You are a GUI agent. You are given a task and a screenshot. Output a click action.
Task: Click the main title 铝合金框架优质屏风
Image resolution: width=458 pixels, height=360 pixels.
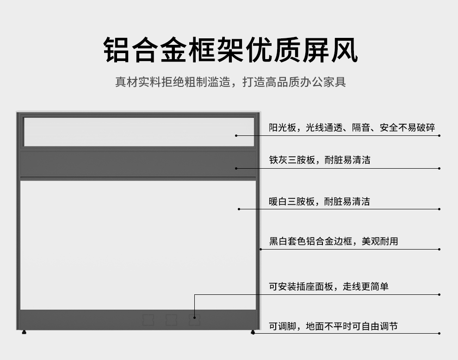point(230,50)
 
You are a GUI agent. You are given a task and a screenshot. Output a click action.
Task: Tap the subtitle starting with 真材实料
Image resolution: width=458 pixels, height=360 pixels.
point(230,82)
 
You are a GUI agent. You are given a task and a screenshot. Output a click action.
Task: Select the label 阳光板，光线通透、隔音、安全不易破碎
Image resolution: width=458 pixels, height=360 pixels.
point(352,128)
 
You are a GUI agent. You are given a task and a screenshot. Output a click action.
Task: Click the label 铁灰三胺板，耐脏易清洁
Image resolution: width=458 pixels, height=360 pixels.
point(320,160)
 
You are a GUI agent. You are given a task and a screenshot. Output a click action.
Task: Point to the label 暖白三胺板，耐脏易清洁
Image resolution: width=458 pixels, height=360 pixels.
point(319,201)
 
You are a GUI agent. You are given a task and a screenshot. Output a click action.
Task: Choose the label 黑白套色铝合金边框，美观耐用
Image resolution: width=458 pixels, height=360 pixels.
point(333,241)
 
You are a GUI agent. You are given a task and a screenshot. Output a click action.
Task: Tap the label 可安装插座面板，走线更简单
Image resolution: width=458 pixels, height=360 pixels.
point(328,287)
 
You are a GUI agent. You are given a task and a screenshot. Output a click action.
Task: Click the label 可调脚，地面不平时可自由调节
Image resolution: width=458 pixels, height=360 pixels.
point(333,326)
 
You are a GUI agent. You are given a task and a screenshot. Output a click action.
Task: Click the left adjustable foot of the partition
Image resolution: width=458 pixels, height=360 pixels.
point(24,332)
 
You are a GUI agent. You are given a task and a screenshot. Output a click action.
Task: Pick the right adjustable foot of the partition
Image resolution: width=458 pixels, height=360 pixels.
point(253,332)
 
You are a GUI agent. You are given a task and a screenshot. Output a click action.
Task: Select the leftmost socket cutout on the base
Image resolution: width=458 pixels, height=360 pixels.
point(148,320)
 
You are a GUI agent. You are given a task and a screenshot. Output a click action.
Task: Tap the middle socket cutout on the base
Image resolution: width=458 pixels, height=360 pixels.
point(171,320)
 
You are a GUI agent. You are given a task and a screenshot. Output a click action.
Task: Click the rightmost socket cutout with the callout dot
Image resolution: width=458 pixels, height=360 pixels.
point(194,320)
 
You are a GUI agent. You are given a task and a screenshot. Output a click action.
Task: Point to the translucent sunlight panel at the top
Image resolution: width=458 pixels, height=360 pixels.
point(139,132)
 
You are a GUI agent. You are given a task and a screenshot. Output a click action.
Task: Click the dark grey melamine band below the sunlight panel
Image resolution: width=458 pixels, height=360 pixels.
point(138,164)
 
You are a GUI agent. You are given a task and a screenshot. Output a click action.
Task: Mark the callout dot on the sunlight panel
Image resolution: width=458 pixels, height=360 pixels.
point(236,136)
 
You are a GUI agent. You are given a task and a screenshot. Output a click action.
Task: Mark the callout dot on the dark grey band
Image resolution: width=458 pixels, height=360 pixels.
point(236,168)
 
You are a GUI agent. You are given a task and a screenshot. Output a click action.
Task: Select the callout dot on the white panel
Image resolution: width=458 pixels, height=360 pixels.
point(239,209)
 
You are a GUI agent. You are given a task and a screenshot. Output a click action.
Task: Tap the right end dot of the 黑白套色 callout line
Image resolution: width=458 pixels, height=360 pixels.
point(439,250)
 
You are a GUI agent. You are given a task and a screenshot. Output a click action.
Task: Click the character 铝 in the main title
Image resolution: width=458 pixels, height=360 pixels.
point(116,50)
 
